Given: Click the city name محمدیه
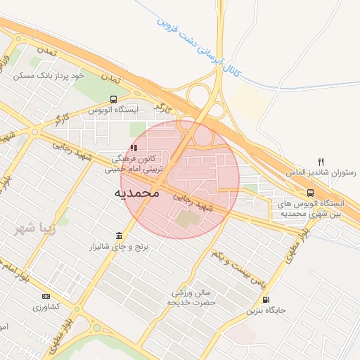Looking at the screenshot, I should pos(136,192).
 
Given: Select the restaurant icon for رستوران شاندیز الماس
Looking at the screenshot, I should pos(321,161).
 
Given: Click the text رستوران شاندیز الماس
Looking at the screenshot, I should pos(321,172).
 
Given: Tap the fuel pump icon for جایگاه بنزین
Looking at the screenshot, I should pos(265,300).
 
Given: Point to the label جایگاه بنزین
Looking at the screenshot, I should pos(265,310).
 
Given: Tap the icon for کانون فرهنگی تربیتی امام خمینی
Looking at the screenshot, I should pos(134,148).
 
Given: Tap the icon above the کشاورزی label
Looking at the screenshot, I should pos(46,296).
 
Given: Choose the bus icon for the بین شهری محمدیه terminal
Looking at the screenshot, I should pos(310,193).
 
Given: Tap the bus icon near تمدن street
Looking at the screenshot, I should pos(113,99).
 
